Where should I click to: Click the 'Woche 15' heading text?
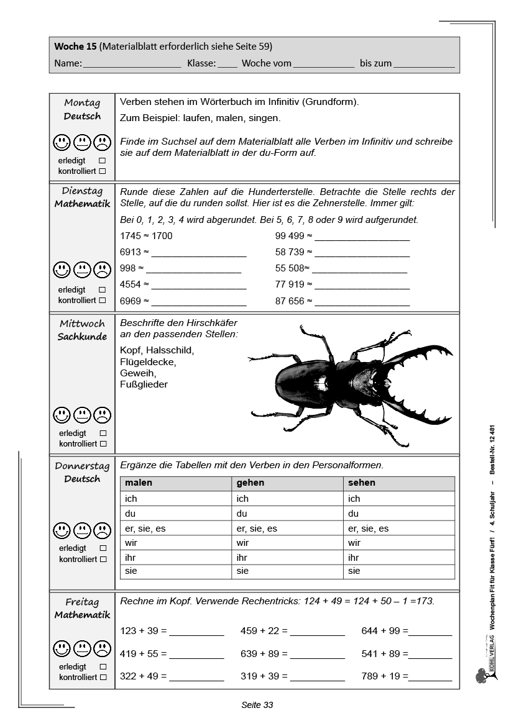(75, 47)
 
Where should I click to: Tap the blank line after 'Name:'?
(132, 64)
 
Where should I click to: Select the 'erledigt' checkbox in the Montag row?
(103, 160)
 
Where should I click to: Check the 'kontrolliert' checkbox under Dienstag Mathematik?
(103, 300)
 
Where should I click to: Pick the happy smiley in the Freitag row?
(62, 649)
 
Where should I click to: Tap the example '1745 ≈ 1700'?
(146, 236)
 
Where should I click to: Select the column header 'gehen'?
(250, 483)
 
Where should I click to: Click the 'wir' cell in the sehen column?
(354, 543)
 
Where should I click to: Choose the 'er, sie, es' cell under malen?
(145, 529)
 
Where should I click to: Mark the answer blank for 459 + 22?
(317, 632)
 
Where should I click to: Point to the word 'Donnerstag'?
(82, 466)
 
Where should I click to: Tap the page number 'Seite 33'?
(257, 705)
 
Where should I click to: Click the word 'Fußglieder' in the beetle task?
(144, 384)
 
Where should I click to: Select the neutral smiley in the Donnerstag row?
(82, 530)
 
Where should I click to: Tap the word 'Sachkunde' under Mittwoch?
(82, 337)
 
